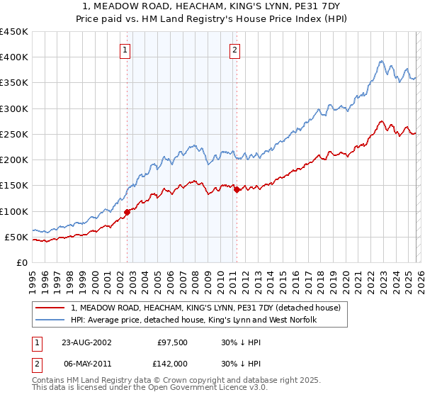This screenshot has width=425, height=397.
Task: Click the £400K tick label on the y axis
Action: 14,57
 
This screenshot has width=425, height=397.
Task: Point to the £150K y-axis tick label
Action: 14,186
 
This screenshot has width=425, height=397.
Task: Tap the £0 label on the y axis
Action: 22,263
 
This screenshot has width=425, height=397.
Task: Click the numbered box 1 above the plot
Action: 125,50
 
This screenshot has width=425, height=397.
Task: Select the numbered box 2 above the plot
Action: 234,50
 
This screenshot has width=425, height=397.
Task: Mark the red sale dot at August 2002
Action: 127,212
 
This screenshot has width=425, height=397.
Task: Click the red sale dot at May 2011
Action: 237,189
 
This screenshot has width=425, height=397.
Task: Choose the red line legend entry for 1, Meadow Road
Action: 205,308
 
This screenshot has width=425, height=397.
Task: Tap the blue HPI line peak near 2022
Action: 383,62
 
